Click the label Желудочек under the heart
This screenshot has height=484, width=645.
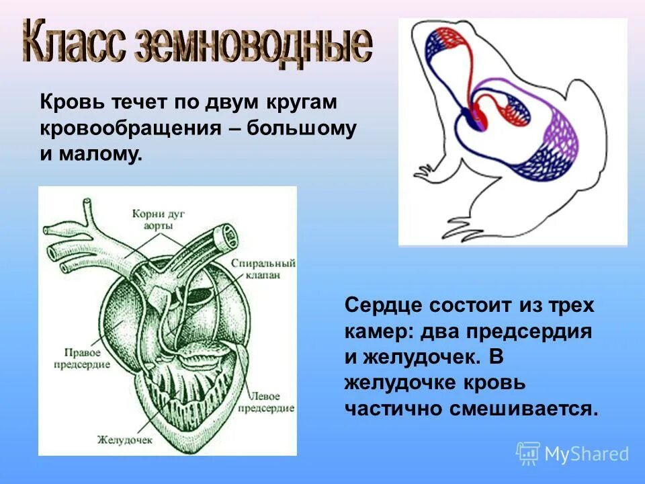click(126, 440)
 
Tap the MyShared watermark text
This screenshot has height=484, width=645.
click(586, 454)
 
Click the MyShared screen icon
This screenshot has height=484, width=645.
click(528, 454)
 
